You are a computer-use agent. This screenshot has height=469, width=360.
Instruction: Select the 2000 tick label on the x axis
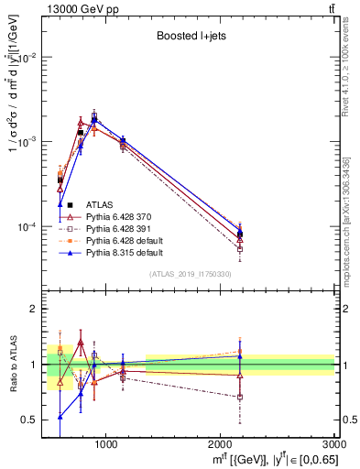[x=220, y=443]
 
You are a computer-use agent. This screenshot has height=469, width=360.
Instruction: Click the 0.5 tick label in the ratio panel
[x=29, y=420]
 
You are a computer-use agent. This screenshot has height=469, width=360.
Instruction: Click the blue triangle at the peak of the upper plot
[x=94, y=119]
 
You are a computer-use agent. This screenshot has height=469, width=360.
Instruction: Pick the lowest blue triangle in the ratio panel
[x=60, y=416]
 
